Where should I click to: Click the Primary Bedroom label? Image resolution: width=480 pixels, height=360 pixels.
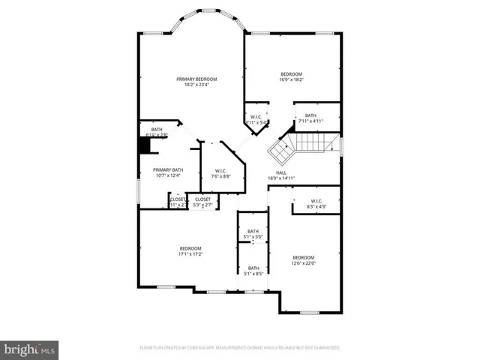coord(196,79)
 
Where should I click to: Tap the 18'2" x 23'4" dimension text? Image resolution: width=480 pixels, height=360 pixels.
coord(196,85)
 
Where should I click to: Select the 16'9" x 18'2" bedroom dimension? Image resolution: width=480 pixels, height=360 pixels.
coord(292,79)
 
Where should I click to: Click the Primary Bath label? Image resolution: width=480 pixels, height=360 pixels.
coord(168,169)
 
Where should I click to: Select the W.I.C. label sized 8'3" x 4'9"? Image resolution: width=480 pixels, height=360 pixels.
coord(316,200)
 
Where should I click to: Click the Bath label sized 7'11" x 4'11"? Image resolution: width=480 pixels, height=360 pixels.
coord(310,115)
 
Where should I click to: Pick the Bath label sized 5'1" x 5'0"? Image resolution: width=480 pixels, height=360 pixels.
coord(253,231)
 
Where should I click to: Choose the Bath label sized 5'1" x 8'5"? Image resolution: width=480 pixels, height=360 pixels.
coord(253,268)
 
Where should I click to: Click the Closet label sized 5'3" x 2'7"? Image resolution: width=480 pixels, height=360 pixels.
coord(202,199)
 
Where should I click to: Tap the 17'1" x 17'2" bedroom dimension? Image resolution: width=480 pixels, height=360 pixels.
coord(190,254)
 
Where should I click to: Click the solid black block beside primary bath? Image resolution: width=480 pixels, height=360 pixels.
coord(145,145)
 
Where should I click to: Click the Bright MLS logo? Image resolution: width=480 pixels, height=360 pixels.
coord(30,349)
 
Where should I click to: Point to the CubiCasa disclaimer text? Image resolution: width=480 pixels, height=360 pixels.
coord(240,348)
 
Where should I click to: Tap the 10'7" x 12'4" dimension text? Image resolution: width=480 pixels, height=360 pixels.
coord(168,175)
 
